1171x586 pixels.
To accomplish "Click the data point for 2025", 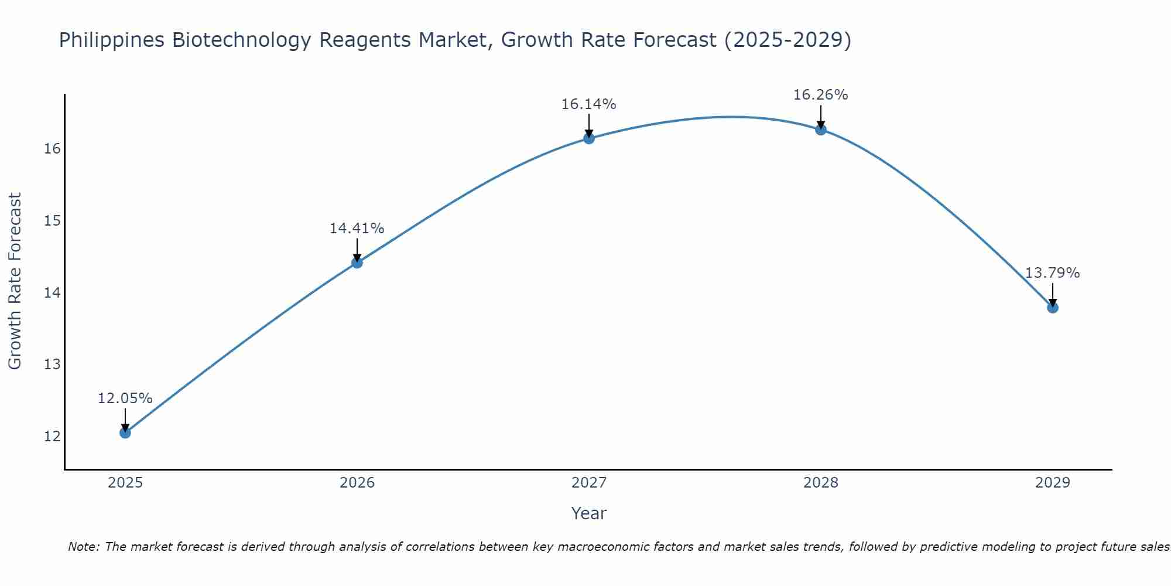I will click(x=125, y=433).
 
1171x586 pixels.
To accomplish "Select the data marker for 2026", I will click(x=357, y=263).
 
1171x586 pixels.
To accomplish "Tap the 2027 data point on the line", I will click(x=589, y=138).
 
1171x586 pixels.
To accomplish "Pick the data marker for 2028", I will click(x=821, y=130).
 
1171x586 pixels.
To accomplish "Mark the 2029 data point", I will click(x=1053, y=308).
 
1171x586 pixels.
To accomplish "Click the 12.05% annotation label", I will click(x=125, y=398).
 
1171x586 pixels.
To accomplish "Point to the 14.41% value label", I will click(x=357, y=229).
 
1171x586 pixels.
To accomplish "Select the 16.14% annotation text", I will click(x=588, y=104).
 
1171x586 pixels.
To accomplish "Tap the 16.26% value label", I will click(x=820, y=95).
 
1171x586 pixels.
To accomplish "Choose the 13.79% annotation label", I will click(x=1052, y=273).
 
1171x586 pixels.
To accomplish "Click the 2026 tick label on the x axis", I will click(x=357, y=483).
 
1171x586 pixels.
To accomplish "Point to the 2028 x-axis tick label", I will click(x=821, y=483).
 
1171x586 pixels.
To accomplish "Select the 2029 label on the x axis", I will click(x=1053, y=483).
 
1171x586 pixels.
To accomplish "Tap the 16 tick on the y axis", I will click(x=52, y=149).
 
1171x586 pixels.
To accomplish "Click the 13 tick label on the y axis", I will click(x=52, y=364).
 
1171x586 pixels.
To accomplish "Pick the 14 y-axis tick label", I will click(x=52, y=292).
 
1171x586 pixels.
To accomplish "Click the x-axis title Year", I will click(x=588, y=513).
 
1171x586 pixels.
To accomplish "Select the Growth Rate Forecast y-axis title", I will click(x=15, y=281).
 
